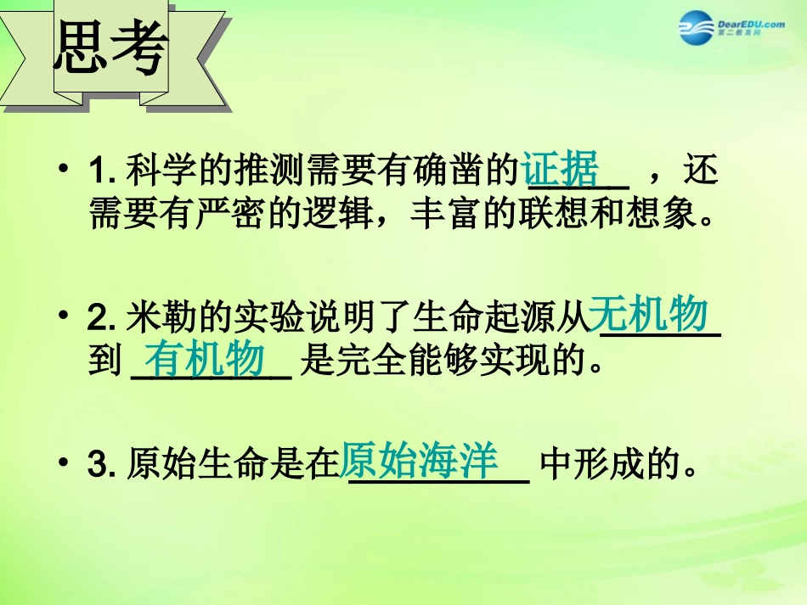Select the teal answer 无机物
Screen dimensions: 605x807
(x=648, y=316)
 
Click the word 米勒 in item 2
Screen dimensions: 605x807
(x=161, y=320)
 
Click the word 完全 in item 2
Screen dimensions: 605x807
(x=374, y=363)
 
